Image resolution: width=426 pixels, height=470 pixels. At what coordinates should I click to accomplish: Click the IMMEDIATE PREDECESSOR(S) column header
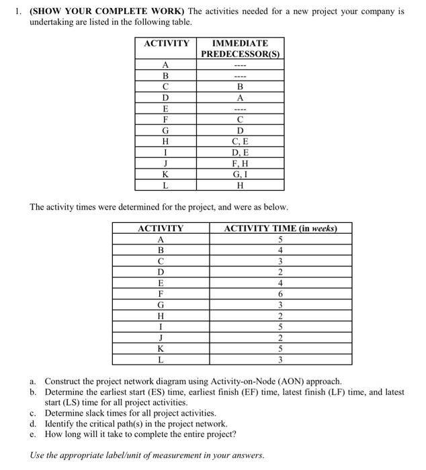(x=240, y=48)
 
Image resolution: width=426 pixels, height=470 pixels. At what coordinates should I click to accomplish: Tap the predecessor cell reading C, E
(x=240, y=141)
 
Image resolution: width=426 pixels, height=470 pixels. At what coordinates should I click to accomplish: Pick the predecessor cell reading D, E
(x=240, y=152)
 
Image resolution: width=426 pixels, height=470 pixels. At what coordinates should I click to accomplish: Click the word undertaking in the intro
(x=52, y=22)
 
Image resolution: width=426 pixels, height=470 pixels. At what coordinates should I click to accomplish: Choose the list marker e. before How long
(x=32, y=434)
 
